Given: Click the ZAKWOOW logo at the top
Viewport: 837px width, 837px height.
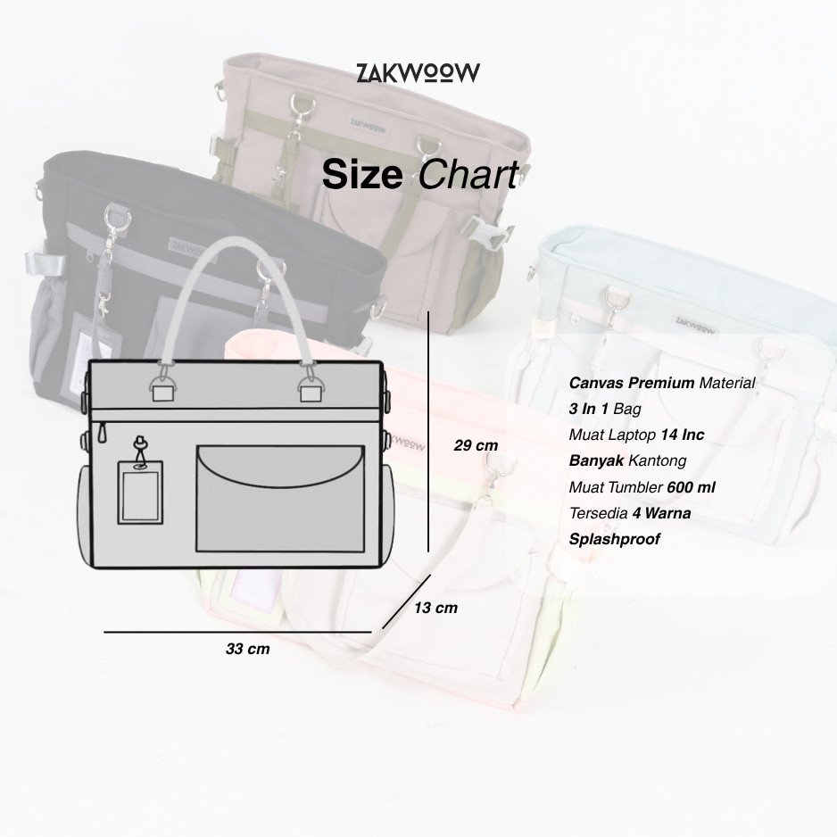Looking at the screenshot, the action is (x=418, y=72).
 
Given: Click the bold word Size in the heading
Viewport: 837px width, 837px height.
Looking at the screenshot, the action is (x=361, y=175).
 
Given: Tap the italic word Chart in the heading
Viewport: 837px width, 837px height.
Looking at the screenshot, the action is (x=468, y=175).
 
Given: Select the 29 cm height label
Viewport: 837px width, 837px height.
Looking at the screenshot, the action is (x=476, y=445).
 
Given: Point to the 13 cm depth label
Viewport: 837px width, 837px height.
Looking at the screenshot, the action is (x=435, y=608).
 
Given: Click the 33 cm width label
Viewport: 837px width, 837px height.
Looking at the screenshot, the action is (x=247, y=649).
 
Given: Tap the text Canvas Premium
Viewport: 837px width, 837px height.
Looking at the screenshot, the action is (x=632, y=383).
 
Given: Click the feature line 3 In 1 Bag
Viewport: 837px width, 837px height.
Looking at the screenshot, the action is (x=605, y=409).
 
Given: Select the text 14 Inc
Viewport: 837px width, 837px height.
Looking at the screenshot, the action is (x=682, y=435).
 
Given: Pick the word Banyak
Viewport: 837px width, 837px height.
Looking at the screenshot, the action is (x=596, y=460).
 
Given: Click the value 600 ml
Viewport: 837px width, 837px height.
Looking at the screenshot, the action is (x=691, y=487).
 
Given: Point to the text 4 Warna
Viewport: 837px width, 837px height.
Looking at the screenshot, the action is (x=661, y=513).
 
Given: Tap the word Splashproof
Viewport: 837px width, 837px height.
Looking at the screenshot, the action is (x=615, y=539).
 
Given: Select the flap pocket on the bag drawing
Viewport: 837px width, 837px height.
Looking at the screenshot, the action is (x=280, y=497).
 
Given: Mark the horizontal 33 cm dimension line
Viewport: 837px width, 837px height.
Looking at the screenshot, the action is (x=236, y=632).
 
